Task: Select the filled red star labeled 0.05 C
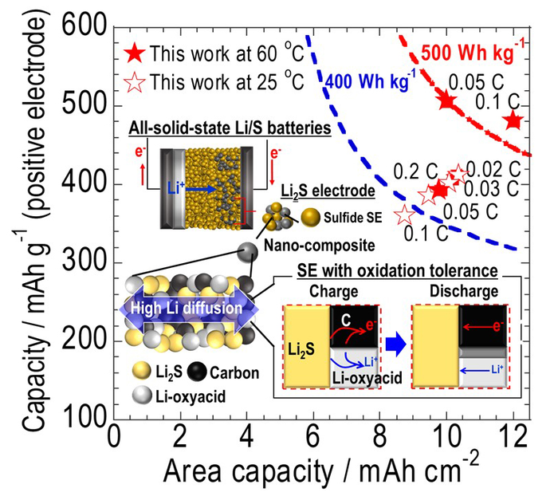pyautogui.click(x=446, y=100)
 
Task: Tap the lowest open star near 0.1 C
pyautogui.click(x=406, y=214)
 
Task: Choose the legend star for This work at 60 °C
pyautogui.click(x=136, y=54)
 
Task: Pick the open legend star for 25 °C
pyautogui.click(x=136, y=81)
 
